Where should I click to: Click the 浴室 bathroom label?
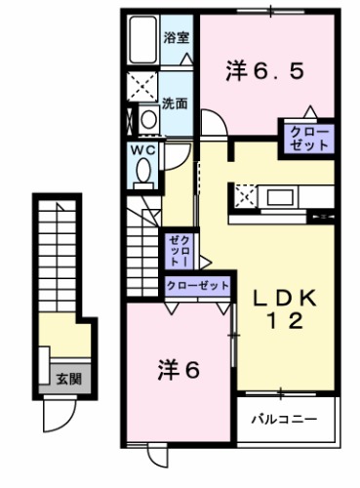pyautogui.click(x=176, y=40)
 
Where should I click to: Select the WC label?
pyautogui.click(x=141, y=150)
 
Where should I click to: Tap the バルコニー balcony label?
pyautogui.click(x=283, y=421)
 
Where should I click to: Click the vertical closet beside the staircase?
pyautogui.click(x=178, y=251)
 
